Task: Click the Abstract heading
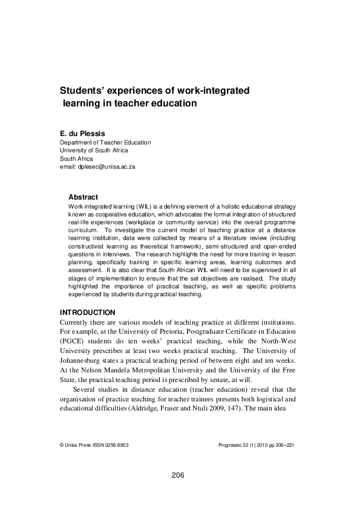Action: coord(83,197)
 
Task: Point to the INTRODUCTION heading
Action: coord(87,312)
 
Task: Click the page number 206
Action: coord(178,475)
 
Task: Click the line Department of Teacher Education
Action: coord(105,143)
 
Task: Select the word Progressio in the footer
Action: coord(232,444)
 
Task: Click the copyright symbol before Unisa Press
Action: coord(62,444)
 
